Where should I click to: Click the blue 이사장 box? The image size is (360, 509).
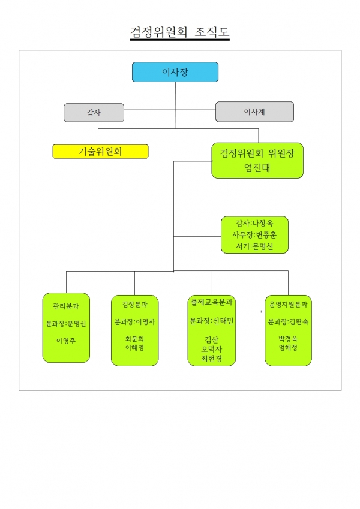tap(175, 72)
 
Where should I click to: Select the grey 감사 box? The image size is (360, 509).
tap(94, 113)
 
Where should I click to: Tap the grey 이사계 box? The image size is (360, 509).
tap(255, 112)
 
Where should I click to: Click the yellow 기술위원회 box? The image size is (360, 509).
tap(100, 152)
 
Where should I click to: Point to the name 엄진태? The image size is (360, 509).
tap(257, 168)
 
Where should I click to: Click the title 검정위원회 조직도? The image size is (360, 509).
tap(179, 32)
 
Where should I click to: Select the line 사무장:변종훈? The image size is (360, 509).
tap(254, 234)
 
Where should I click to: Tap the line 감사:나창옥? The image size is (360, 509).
tap(254, 223)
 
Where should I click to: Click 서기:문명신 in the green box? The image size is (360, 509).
tap(254, 246)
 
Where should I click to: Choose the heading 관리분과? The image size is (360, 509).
tap(66, 306)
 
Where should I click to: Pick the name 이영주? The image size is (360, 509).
tap(66, 341)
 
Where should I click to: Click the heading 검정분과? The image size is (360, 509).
tap(135, 304)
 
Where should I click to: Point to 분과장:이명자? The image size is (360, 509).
tap(135, 322)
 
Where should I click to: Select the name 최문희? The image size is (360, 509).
tap(134, 339)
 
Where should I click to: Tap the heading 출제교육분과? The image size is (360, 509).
tap(212, 302)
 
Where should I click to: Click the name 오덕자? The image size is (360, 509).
tap(212, 350)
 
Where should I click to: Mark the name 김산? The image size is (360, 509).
tap(212, 340)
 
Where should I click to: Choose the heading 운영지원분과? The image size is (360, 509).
tap(288, 305)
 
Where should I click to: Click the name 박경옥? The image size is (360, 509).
tap(288, 339)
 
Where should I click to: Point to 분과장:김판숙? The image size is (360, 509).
tap(288, 322)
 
